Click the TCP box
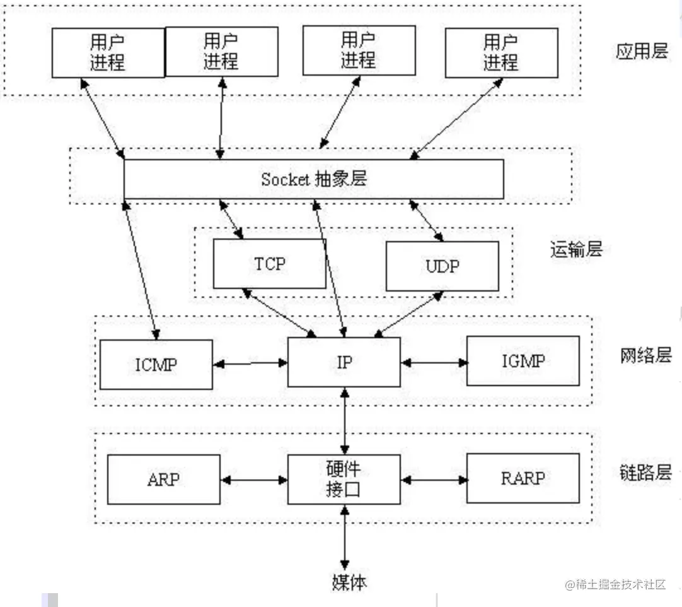point(270,264)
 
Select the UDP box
point(442,266)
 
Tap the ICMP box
point(156,365)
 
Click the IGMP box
point(523,361)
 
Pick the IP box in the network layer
point(344,362)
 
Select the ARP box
point(163,480)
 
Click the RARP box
point(523,478)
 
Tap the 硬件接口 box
point(344,480)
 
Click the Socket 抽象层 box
point(314,179)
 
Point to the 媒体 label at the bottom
point(349,582)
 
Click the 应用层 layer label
point(642,51)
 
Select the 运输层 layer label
point(576,249)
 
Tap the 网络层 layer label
point(646,355)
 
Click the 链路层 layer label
point(646,472)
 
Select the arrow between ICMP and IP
point(250,363)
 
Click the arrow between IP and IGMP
point(434,362)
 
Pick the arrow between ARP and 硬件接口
point(254,480)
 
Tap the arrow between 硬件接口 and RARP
point(434,480)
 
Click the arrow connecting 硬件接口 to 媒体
point(345,538)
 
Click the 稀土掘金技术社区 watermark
point(615,584)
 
